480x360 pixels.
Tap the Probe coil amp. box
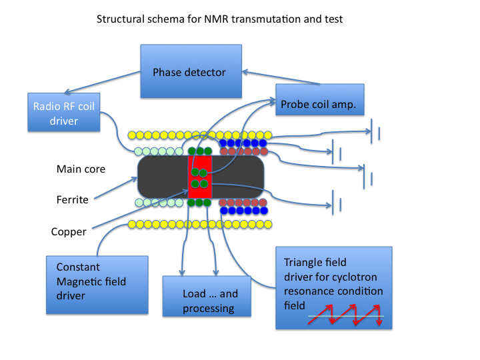point(319,104)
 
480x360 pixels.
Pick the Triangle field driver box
point(333,287)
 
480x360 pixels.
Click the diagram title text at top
point(220,19)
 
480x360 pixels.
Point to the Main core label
point(81,169)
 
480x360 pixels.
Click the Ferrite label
point(73,199)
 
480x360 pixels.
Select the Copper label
point(69,232)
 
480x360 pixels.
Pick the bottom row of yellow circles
point(200,224)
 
